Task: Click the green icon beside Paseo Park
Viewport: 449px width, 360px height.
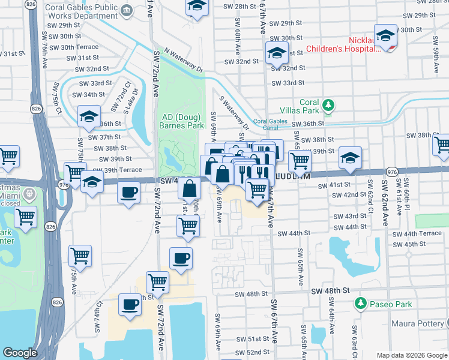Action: pyautogui.click(x=360, y=304)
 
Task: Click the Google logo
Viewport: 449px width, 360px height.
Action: pyautogui.click(x=20, y=353)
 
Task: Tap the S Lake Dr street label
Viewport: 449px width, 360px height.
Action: pyautogui.click(x=131, y=100)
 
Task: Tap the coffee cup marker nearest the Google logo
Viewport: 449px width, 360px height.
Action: pyautogui.click(x=130, y=304)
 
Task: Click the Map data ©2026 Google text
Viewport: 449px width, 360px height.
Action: pyautogui.click(x=411, y=355)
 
